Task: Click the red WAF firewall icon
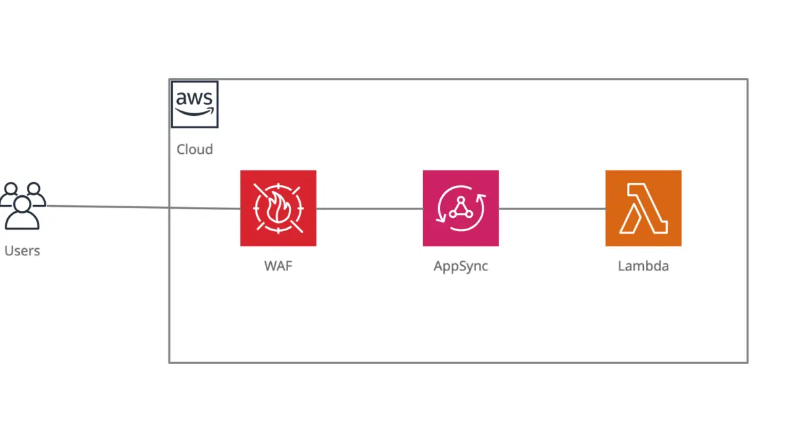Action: click(x=278, y=208)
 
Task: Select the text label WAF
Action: click(x=278, y=267)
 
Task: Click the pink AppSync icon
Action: click(x=460, y=208)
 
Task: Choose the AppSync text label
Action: click(x=460, y=267)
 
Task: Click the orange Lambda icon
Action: click(x=643, y=208)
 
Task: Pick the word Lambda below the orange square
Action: click(x=643, y=267)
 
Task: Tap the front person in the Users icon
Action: click(x=22, y=215)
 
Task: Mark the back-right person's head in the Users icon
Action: click(x=34, y=191)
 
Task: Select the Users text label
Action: click(x=22, y=251)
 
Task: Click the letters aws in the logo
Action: click(x=195, y=99)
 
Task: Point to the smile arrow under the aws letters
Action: click(x=195, y=112)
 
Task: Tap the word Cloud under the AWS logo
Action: click(x=195, y=149)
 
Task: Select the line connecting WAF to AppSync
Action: click(x=369, y=209)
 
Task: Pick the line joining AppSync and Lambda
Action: click(x=552, y=209)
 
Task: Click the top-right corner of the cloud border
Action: click(x=747, y=79)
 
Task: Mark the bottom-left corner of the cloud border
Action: click(x=170, y=362)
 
